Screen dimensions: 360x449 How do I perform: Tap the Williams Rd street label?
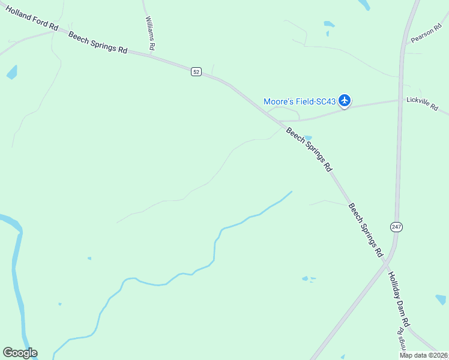[x=151, y=33]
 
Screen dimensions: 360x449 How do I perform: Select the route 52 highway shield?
[x=196, y=71]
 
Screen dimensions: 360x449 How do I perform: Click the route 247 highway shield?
[x=396, y=227]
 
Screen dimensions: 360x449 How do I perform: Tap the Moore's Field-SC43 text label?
[x=300, y=101]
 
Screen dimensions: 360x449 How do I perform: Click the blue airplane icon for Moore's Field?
[x=345, y=100]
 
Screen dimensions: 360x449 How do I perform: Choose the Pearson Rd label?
[x=426, y=34]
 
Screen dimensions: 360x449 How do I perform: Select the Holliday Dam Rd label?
[x=398, y=299]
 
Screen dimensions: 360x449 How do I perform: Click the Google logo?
[x=20, y=353]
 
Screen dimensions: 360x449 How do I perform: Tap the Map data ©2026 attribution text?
[x=424, y=355]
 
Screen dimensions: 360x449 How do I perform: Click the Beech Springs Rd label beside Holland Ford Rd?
[x=98, y=43]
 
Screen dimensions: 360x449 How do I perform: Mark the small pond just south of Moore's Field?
[x=308, y=137]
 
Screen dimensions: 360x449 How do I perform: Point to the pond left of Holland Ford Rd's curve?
[x=12, y=73]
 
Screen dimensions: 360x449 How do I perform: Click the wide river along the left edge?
[x=17, y=282]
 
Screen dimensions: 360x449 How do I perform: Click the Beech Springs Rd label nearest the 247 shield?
[x=366, y=230]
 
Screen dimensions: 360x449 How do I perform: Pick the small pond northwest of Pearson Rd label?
[x=329, y=25]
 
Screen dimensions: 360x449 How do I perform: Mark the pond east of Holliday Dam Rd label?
[x=441, y=298]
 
